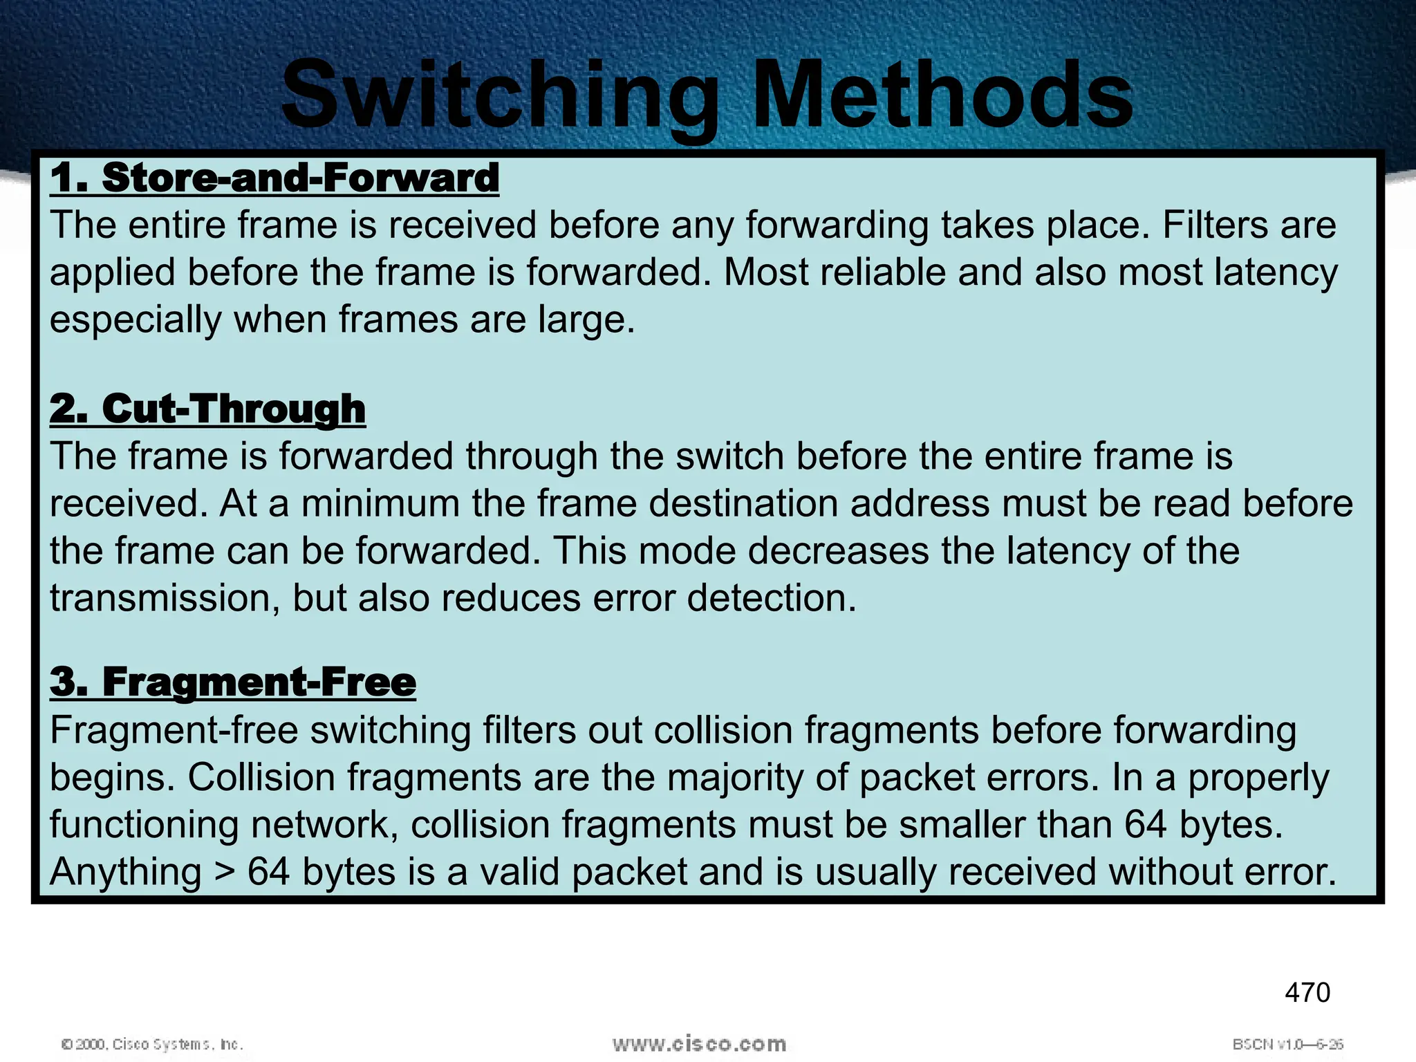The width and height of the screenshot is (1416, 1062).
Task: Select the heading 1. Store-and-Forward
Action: tap(274, 178)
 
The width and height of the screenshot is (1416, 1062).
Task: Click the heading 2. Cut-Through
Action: tap(207, 409)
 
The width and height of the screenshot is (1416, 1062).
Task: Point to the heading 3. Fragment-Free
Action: tap(233, 682)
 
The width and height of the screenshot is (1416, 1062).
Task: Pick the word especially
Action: tap(136, 319)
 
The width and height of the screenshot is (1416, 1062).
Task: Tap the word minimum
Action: tap(380, 503)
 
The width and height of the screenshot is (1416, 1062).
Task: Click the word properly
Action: tap(1258, 777)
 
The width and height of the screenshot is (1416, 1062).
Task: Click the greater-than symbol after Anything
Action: tap(224, 872)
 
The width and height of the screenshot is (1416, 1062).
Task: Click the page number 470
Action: tap(1307, 993)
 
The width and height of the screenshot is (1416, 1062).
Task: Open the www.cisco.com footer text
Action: tap(699, 1043)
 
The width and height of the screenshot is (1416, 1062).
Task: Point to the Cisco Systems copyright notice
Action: tap(153, 1044)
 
